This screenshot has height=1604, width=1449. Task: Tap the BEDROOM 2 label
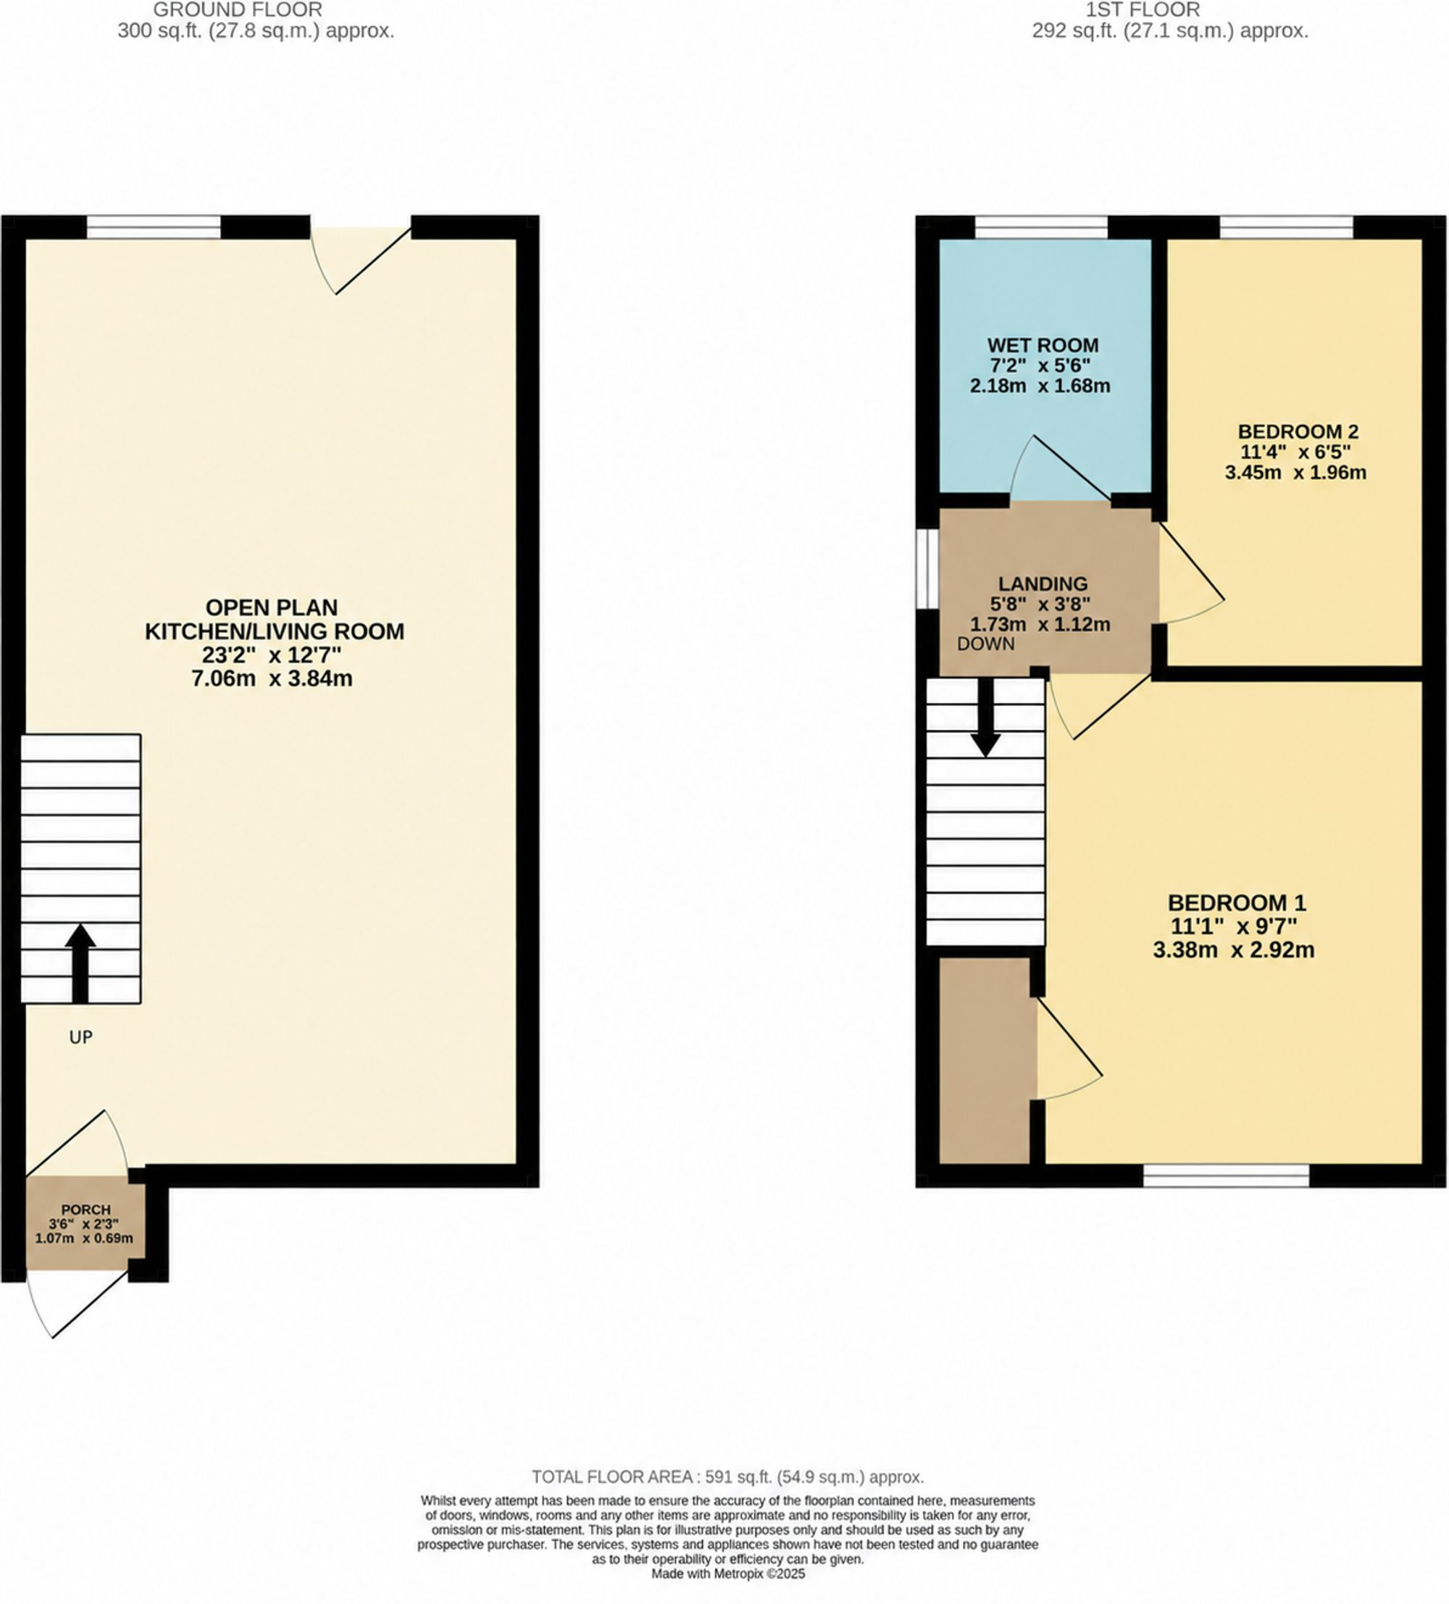pos(1298,432)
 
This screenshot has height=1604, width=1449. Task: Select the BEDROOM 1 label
pos(1237,903)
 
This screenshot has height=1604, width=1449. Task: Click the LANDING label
pos(1043,584)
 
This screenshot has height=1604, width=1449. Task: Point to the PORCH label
pos(86,1210)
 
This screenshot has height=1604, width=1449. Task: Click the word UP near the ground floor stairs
pos(81,1036)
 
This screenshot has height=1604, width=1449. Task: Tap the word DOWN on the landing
pos(985,644)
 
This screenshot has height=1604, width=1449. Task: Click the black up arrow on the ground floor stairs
pos(80,963)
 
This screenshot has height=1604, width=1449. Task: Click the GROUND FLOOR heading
pos(238,10)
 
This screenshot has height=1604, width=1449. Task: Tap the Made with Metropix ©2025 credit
pos(727,1574)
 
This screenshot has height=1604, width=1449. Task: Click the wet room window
pos(1041,228)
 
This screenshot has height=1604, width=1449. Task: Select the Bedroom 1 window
pos(1226,1176)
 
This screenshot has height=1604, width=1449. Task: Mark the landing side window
pos(927,569)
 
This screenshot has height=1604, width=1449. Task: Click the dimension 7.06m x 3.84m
pos(272,678)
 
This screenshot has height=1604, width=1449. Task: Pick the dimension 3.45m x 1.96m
pos(1295,473)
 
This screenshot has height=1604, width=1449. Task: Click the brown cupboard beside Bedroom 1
pos(985,1060)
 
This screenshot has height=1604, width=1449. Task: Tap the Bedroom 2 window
pos(1286,228)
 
